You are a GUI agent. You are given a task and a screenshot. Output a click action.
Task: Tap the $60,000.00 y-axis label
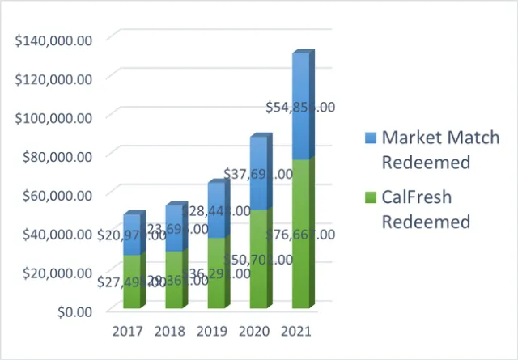click(x=55, y=195)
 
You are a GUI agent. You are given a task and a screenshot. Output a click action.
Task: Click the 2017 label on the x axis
click(x=128, y=332)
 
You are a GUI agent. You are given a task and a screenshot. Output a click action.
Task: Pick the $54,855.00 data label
click(x=301, y=107)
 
